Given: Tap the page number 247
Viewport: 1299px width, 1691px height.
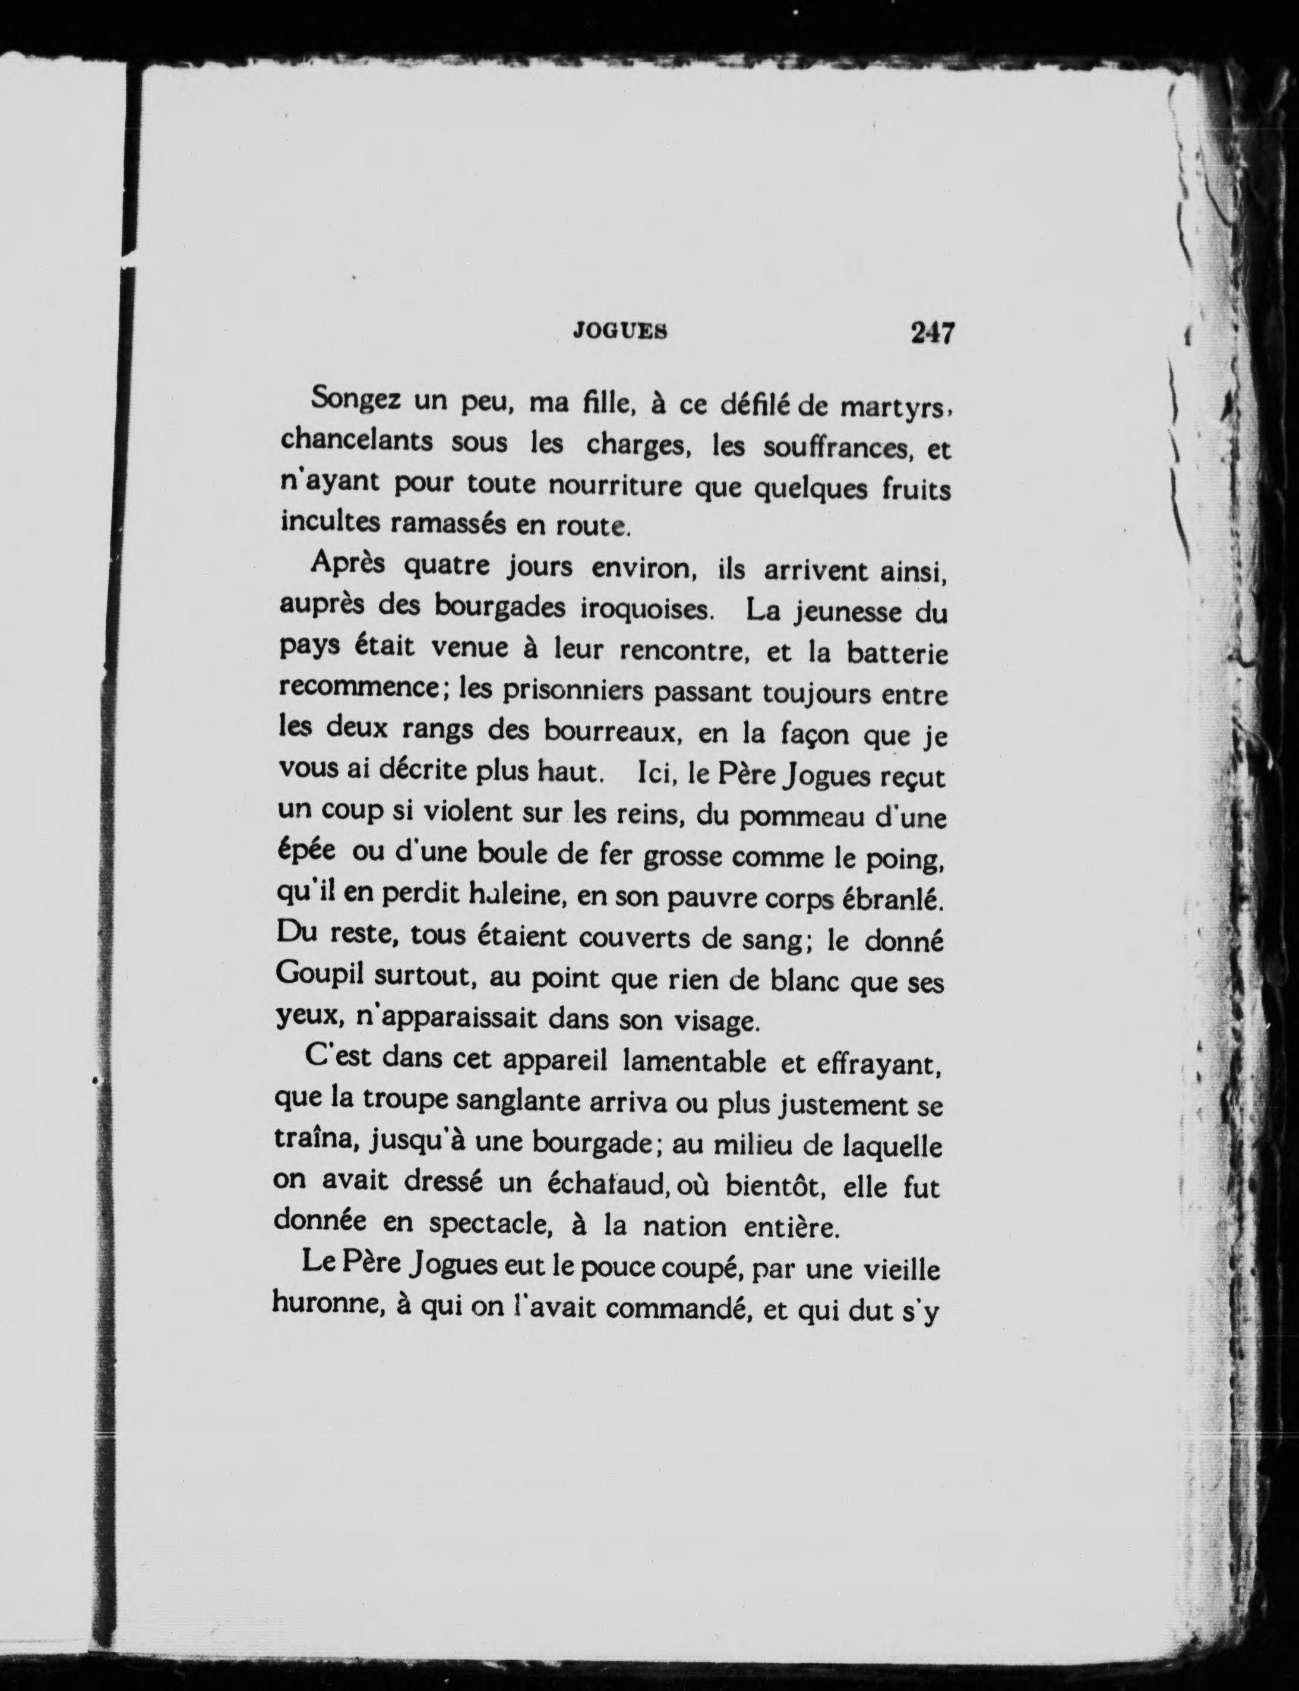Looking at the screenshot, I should click(933, 333).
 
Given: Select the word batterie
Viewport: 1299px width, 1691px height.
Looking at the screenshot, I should click(897, 654).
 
